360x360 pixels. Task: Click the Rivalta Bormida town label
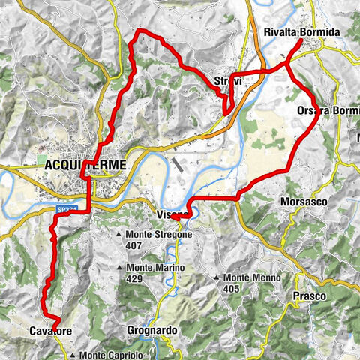tap(302, 33)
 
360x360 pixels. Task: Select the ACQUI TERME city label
tap(84, 165)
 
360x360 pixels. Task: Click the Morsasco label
tap(301, 202)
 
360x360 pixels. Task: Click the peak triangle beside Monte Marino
tap(119, 268)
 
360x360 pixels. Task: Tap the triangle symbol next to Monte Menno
tap(217, 278)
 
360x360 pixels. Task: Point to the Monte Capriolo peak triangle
tap(72, 355)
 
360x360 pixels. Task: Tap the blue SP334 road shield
tap(65, 212)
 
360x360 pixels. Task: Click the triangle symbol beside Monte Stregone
tap(119, 235)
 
